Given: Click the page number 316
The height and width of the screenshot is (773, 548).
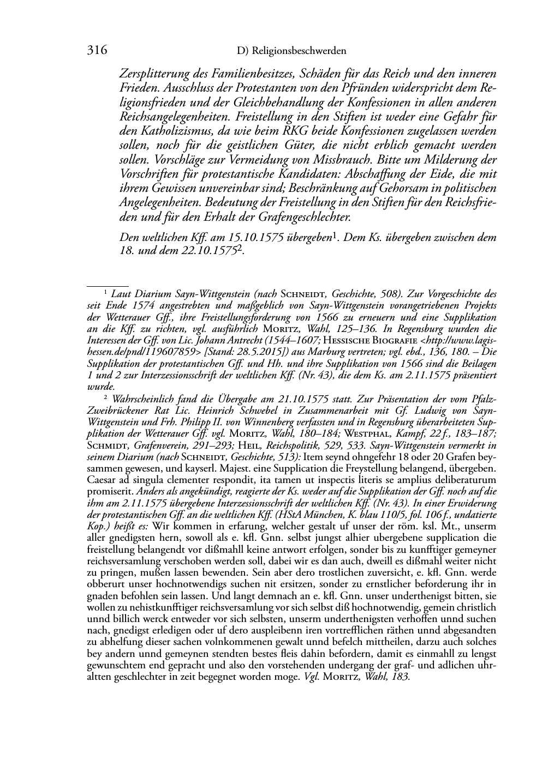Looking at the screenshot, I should (97, 51).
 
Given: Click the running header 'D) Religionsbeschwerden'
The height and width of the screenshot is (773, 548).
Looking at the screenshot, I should (292, 51).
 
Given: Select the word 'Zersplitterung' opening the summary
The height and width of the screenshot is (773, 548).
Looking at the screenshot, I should (152, 74).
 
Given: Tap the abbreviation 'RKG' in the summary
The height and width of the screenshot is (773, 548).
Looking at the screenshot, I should (297, 131).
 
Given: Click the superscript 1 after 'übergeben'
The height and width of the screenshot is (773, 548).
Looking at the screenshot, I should (335, 235).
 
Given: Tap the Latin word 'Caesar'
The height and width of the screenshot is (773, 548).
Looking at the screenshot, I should (100, 480).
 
